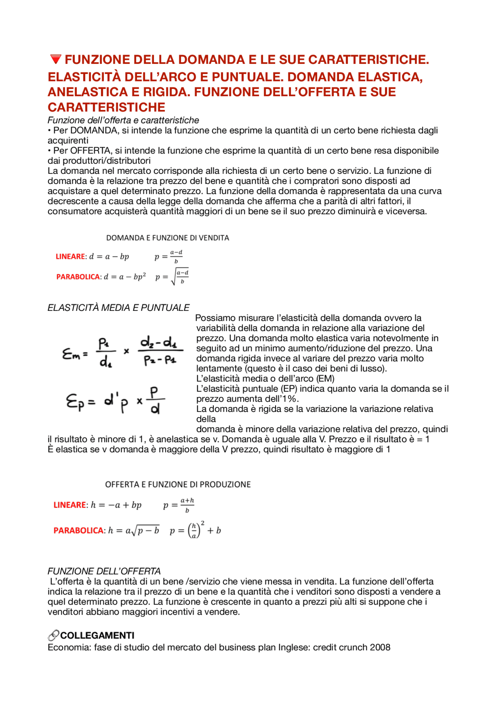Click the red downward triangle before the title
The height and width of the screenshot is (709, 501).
[x=56, y=60]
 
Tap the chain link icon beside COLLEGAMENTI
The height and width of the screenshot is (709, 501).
[x=53, y=635]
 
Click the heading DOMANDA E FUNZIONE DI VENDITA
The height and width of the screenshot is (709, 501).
[x=168, y=238]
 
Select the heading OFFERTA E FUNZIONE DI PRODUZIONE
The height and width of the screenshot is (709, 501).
[x=178, y=484]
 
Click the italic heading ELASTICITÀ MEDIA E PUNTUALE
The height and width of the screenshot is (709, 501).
[x=118, y=308]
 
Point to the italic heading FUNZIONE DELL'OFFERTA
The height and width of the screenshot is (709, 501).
[x=104, y=571]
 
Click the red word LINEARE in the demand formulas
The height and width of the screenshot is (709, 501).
[x=70, y=256]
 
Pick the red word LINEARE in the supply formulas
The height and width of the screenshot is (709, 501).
[x=69, y=505]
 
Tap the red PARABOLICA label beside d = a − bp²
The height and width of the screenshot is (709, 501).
[x=78, y=277]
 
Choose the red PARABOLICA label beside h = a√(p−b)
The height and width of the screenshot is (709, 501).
[x=79, y=530]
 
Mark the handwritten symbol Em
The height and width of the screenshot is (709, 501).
[x=74, y=354]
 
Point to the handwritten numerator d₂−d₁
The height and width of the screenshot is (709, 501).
[x=159, y=343]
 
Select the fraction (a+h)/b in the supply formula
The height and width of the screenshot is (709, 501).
[x=187, y=505]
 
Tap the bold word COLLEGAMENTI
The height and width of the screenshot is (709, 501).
[x=97, y=635]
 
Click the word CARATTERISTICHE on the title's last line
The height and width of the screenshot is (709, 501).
[x=106, y=107]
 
